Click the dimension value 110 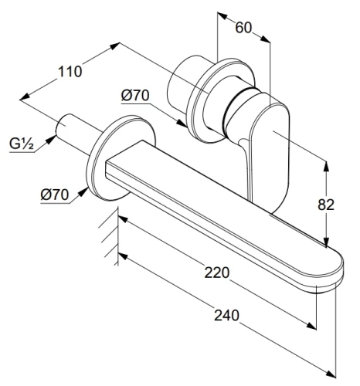tap(70, 72)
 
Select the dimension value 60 tap(243, 28)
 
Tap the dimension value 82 tap(326, 205)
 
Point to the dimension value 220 tap(216, 273)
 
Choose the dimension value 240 tap(226, 315)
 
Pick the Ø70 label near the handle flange tap(135, 96)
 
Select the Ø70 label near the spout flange tap(55, 195)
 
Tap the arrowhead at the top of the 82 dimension tap(326, 167)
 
